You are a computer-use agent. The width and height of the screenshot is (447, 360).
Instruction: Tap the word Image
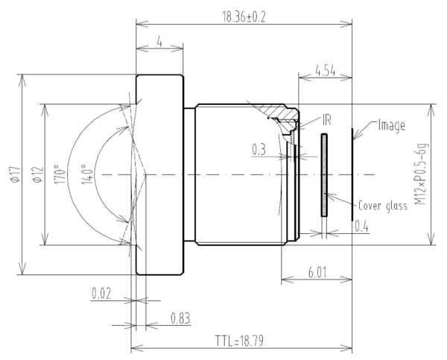(391, 125)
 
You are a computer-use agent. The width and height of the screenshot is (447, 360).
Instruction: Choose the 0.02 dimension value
(101, 293)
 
